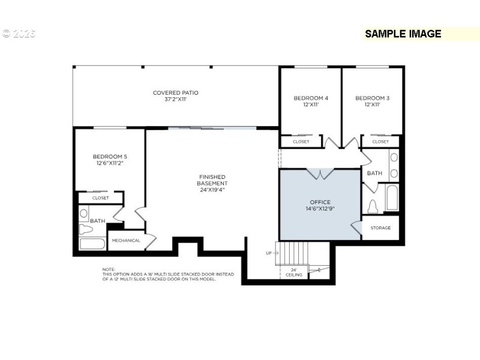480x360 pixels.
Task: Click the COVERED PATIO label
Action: [x=175, y=93]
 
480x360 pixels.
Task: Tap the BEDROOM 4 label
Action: [x=310, y=98]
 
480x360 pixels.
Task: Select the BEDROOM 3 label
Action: [x=372, y=98]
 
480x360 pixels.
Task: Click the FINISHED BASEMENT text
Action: [x=213, y=179]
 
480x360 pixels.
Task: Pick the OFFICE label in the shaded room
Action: [x=320, y=202]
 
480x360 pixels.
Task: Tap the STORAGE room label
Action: [x=380, y=228]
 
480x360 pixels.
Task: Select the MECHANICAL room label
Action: [x=126, y=241]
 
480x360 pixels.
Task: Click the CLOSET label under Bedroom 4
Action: [x=301, y=142]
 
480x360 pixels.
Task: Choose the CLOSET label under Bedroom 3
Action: [x=380, y=142]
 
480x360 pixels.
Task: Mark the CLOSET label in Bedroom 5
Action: [x=100, y=198]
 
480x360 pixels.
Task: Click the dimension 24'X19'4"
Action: [x=213, y=190]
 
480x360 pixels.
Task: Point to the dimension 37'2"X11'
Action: [x=175, y=100]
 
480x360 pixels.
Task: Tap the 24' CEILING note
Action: [x=294, y=272]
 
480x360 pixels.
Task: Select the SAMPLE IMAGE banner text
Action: [x=403, y=34]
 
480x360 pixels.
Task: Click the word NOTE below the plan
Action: [x=109, y=269]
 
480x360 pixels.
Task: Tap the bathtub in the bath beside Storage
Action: [x=392, y=199]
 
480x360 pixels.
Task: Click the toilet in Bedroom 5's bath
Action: [x=83, y=214]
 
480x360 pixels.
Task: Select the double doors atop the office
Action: [x=320, y=174]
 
